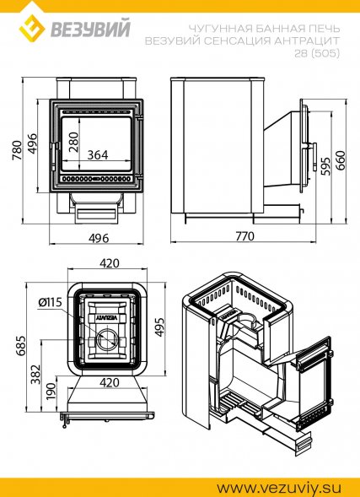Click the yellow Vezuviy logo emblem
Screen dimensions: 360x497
[32, 29]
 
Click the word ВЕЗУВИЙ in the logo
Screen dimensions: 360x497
[90, 29]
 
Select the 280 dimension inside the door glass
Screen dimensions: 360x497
[74, 142]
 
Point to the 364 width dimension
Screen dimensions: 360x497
[98, 155]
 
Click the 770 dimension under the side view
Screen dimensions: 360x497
[244, 236]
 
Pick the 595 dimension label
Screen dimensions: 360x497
[325, 165]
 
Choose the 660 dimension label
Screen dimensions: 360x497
[341, 160]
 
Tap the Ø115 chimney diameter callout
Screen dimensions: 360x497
[50, 303]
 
